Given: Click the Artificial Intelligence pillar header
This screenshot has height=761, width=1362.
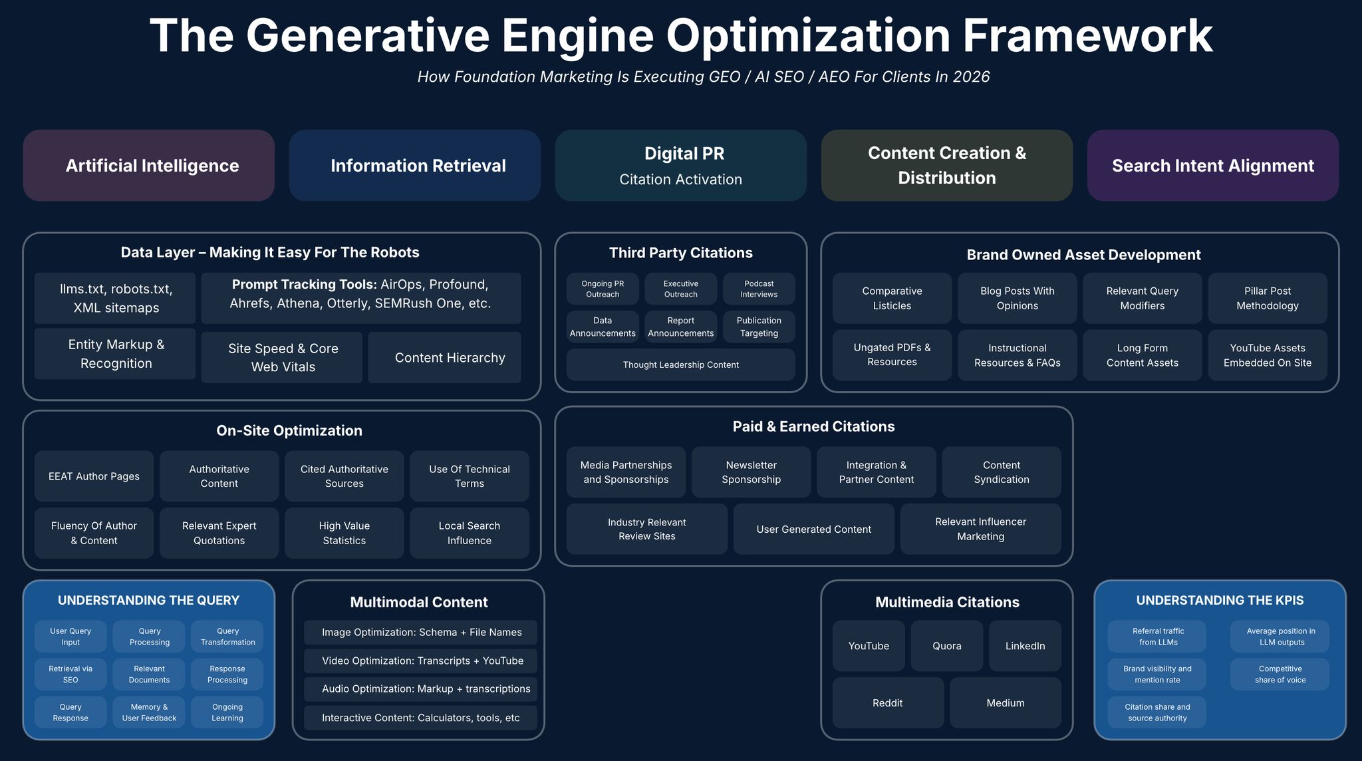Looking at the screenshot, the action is (x=149, y=166).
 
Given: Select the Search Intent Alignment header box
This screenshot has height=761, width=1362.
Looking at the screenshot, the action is (x=1213, y=166).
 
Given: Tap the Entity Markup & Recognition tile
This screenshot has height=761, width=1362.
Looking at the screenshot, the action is (x=115, y=354).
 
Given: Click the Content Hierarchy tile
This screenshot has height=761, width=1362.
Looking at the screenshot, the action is (x=445, y=358).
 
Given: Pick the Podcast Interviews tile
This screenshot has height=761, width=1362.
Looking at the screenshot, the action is (x=759, y=289).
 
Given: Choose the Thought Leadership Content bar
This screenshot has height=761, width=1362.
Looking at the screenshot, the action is (x=681, y=365).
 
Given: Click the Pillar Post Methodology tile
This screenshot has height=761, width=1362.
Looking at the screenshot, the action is (x=1268, y=298).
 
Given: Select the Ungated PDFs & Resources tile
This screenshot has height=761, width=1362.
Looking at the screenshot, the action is (x=892, y=355).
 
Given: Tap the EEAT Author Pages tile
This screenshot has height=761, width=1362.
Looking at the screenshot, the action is (x=94, y=476).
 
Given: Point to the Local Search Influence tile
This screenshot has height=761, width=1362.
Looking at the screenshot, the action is (x=470, y=533).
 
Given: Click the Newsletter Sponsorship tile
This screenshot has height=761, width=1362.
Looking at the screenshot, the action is (x=751, y=472).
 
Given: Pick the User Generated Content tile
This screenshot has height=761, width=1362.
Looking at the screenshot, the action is (x=814, y=529).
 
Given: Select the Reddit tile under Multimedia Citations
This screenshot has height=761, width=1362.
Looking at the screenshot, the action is (x=888, y=702).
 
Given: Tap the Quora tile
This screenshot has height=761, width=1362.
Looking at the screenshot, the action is (x=947, y=646).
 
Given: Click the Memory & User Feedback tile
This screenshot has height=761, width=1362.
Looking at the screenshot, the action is (x=149, y=712).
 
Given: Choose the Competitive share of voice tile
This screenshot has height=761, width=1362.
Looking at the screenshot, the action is (x=1280, y=675).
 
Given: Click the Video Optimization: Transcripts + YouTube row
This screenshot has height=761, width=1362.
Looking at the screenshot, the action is (x=420, y=661).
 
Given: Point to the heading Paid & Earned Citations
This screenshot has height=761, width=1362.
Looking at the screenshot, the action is (x=814, y=426).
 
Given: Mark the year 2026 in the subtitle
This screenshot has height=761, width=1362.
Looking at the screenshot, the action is (x=971, y=76).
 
